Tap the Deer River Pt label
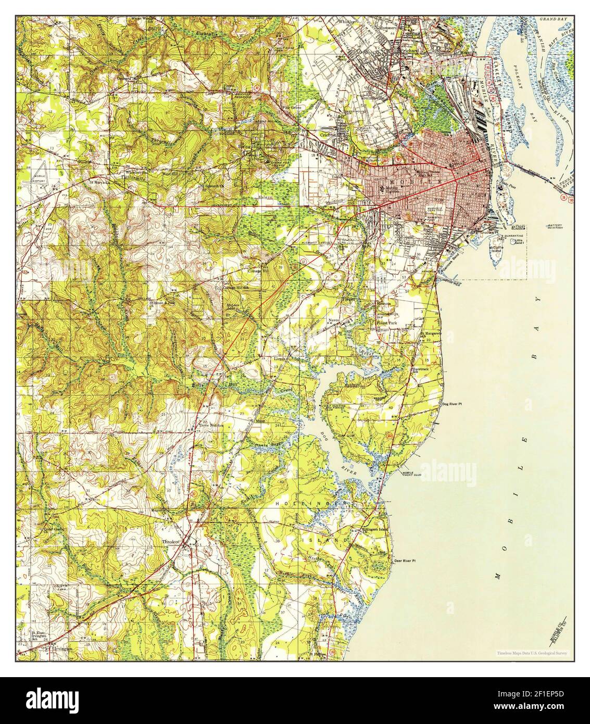click(405, 560)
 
